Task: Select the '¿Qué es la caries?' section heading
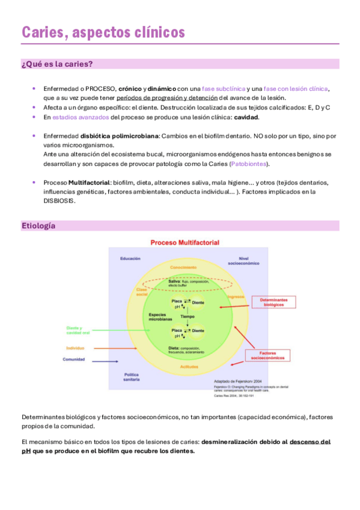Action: pyautogui.click(x=57, y=64)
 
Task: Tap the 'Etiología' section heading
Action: pyautogui.click(x=38, y=226)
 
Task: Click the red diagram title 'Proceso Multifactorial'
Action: pyautogui.click(x=185, y=242)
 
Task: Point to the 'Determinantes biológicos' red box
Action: pyautogui.click(x=273, y=302)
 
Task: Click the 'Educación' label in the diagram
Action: pyautogui.click(x=130, y=258)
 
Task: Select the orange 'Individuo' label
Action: pyautogui.click(x=75, y=348)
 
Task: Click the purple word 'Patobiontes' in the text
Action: pyautogui.click(x=248, y=164)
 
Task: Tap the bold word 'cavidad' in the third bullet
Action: pyautogui.click(x=246, y=117)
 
